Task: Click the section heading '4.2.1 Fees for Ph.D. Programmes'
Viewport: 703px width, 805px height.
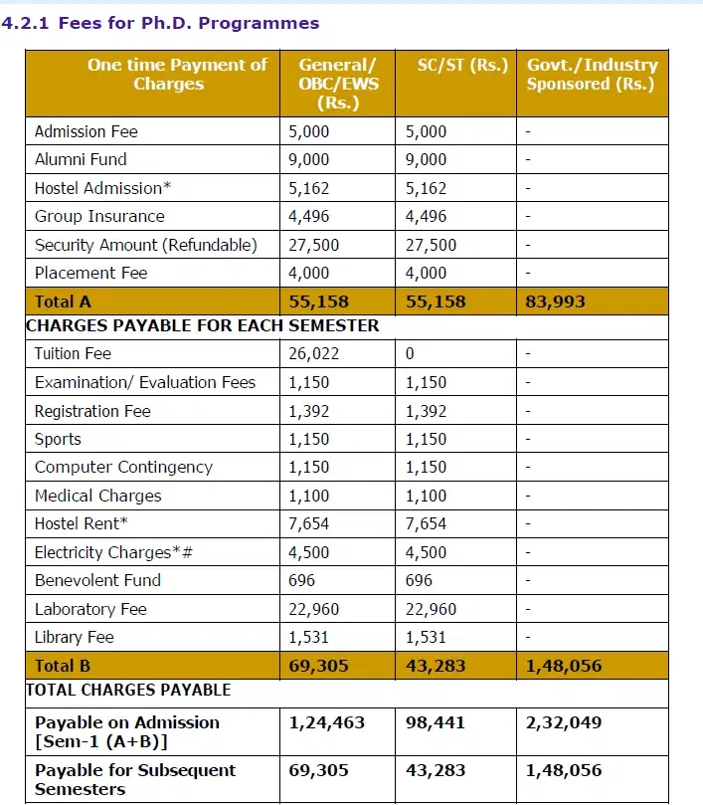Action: pos(161,22)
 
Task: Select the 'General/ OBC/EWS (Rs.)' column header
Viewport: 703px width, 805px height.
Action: pos(338,84)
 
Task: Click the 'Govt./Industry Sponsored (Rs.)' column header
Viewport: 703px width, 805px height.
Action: pos(592,75)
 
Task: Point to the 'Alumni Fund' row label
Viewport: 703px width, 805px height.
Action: pos(81,159)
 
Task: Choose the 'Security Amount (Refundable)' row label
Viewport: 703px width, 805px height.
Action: pos(145,245)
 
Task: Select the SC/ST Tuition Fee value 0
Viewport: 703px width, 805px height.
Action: pos(410,354)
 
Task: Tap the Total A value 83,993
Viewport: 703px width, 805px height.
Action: pos(555,302)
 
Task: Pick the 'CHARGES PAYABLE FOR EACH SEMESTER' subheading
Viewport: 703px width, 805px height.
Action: pos(202,325)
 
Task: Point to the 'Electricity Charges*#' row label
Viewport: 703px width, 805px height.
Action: pos(113,552)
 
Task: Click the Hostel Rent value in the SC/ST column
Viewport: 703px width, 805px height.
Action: pos(426,524)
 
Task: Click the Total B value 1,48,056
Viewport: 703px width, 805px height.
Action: pos(564,666)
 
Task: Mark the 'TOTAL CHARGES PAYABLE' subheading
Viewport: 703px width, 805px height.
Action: pos(128,690)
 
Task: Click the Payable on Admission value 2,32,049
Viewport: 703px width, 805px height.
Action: pos(564,723)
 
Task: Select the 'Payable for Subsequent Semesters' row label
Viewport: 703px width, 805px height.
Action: pos(135,779)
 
